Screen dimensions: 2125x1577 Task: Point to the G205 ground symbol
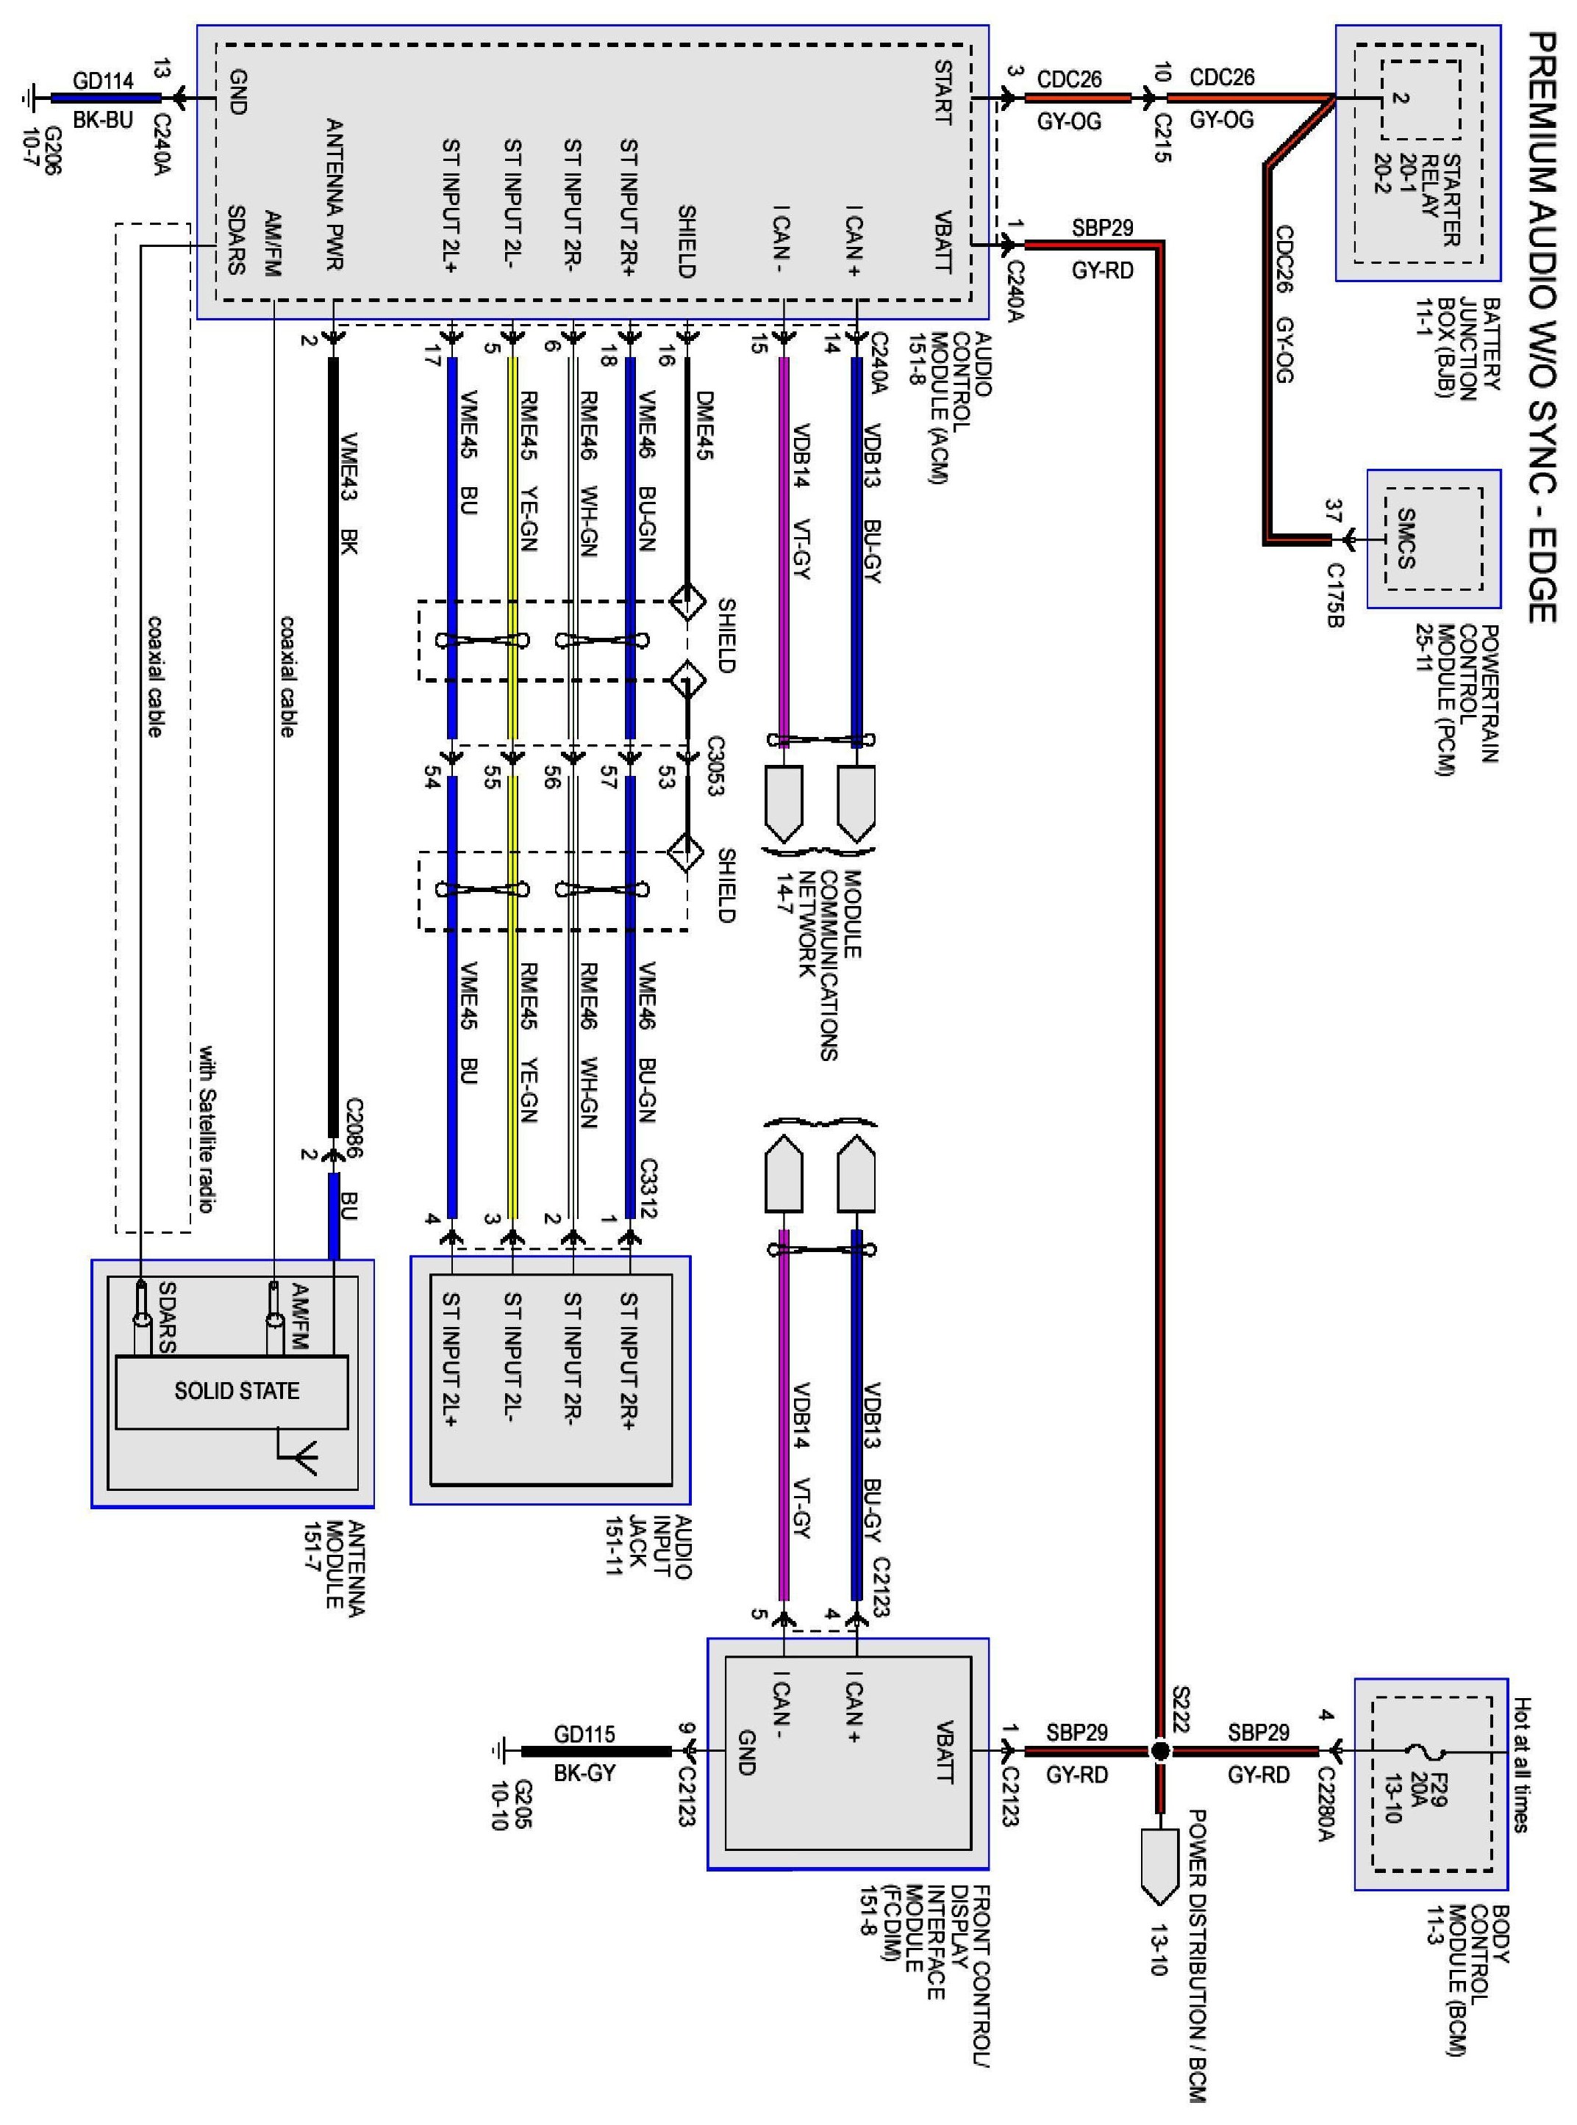500,1751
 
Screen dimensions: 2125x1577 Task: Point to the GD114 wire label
103,80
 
